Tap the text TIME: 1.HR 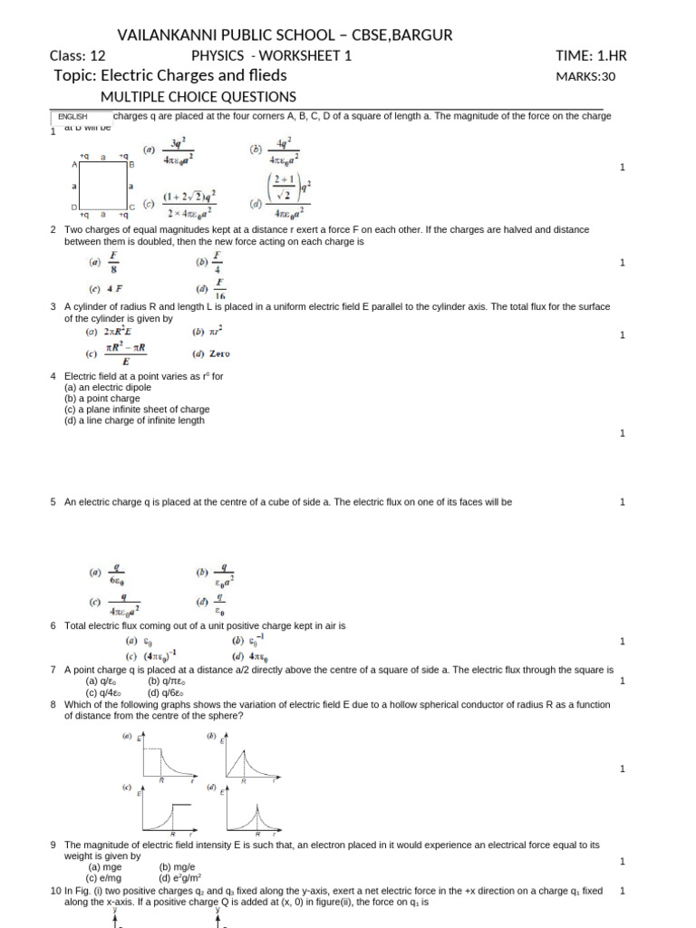pyautogui.click(x=591, y=56)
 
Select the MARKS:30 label pyautogui.click(x=585, y=77)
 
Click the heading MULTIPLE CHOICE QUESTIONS pyautogui.click(x=198, y=97)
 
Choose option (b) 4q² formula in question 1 pyautogui.click(x=275, y=154)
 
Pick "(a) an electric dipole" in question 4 pyautogui.click(x=108, y=387)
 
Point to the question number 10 pyautogui.click(x=55, y=892)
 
